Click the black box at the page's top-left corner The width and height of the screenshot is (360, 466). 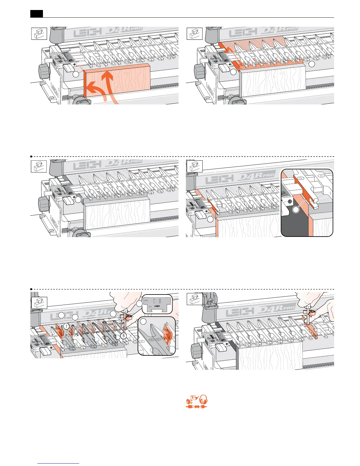point(36,14)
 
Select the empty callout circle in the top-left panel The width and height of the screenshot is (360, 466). point(77,75)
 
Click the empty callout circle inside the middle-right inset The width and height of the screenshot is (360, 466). point(296,210)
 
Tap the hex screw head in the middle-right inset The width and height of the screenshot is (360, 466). point(290,202)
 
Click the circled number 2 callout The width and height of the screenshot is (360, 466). point(67,326)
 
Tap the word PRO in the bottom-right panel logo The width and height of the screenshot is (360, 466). point(289,308)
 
